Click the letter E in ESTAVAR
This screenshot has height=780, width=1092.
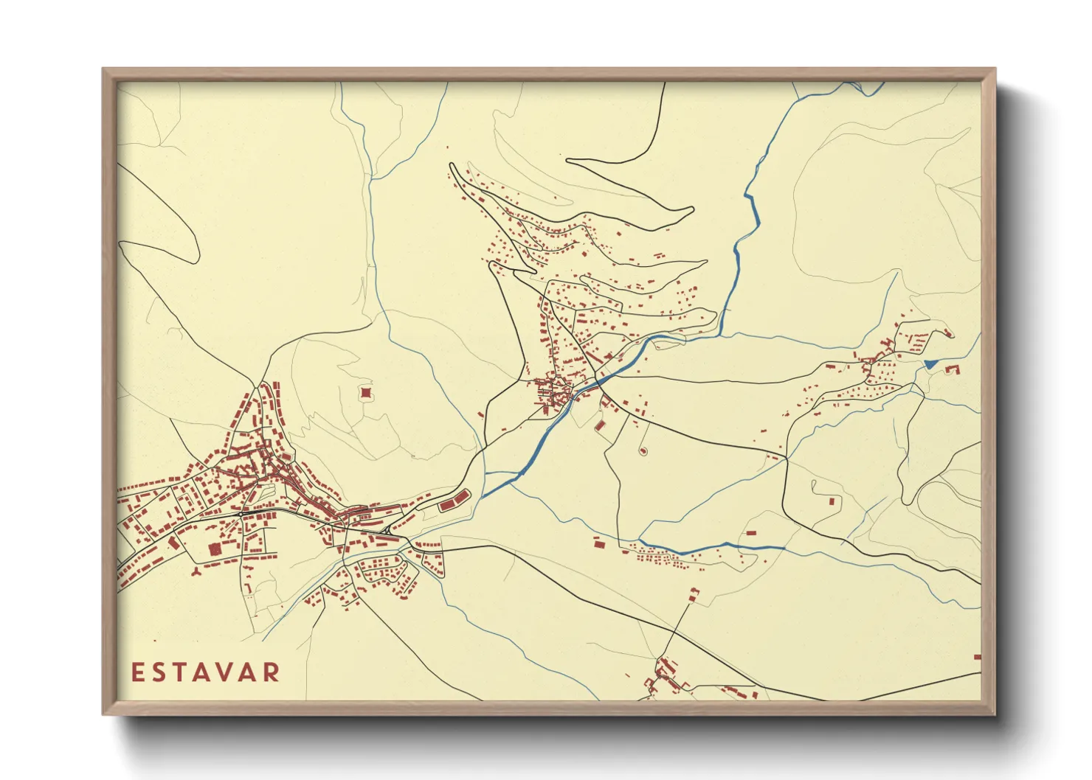coord(138,672)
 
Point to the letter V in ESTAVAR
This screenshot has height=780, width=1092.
coord(229,672)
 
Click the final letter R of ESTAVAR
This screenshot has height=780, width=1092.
coord(273,672)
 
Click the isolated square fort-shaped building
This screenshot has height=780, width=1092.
coord(365,393)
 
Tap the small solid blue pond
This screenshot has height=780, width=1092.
coord(930,363)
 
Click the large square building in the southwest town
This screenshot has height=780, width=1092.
coord(215,549)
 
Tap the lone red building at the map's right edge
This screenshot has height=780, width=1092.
coord(978,656)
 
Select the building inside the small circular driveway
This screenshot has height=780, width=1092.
coord(642,450)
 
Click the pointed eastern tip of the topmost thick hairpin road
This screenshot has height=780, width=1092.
coord(693,210)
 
